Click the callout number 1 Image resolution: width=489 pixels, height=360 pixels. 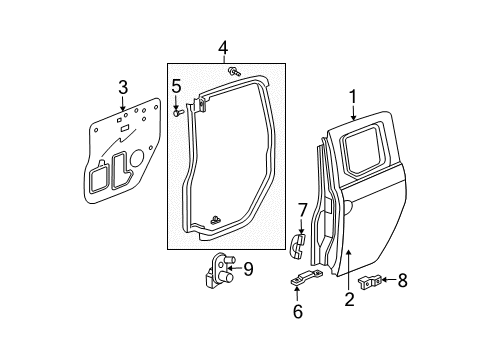click(x=352, y=97)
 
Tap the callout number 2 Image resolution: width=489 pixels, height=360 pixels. click(x=349, y=299)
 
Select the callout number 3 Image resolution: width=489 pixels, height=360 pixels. click(x=123, y=87)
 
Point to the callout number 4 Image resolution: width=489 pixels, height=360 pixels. click(x=223, y=48)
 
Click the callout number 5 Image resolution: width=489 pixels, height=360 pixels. click(x=176, y=86)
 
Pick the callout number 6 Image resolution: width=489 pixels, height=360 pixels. click(x=298, y=311)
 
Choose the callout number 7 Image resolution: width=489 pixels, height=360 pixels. click(x=302, y=211)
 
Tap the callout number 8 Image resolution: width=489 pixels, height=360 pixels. click(x=403, y=280)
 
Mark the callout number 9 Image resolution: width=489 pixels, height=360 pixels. click(x=248, y=269)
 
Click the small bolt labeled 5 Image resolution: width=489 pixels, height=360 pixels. click(x=178, y=113)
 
